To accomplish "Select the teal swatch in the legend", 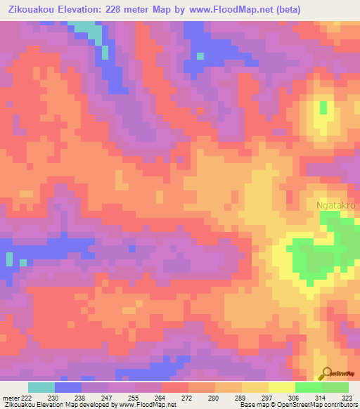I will click(41, 387).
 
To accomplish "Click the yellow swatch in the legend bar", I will click(281, 387).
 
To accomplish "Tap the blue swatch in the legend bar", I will click(68, 387).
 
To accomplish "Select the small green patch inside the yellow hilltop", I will click(323, 108).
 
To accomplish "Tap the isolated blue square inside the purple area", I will click(200, 56).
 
